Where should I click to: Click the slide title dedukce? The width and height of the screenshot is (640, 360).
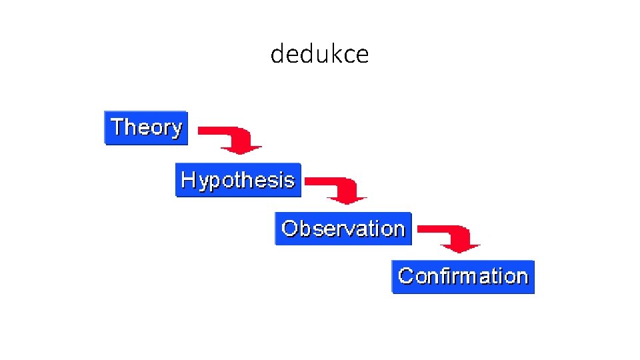click(319, 53)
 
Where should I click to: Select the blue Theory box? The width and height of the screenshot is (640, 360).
click(146, 127)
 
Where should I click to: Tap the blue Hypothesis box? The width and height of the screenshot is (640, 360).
click(238, 180)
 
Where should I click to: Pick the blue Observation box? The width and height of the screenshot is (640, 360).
click(343, 229)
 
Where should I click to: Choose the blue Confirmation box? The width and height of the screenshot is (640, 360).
click(463, 276)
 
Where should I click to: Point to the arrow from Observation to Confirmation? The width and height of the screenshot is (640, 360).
click(451, 237)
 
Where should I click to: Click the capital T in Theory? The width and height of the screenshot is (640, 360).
click(117, 126)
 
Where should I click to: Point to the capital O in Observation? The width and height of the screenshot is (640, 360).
click(289, 229)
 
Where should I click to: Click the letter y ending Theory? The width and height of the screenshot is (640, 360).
click(175, 129)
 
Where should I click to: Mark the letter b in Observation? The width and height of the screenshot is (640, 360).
click(303, 229)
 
